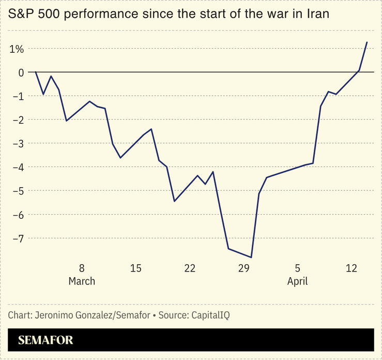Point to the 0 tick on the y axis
pos(21,72)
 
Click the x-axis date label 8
pos(82,268)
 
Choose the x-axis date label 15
pos(136,268)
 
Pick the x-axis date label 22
pos(190,268)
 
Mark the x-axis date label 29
pos(244,268)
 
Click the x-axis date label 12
pos(352,268)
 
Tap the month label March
pos(82,281)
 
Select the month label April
pos(297,281)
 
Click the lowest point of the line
pos(251,257)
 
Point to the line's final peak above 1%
pos(367,42)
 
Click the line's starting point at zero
pos(36,72)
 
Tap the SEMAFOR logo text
pos(45,340)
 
